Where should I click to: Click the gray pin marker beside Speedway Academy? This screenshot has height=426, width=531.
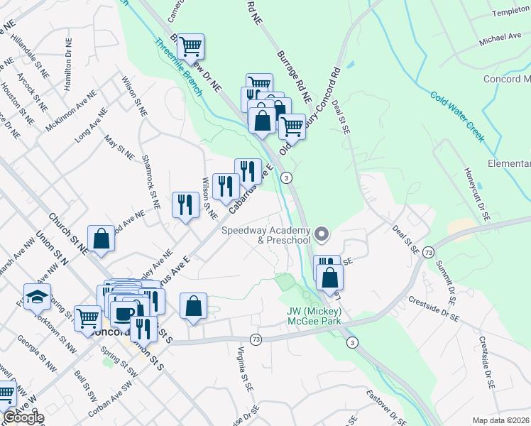322,233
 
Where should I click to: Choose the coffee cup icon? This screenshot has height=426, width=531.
124,313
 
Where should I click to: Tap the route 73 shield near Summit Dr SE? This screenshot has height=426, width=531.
428,252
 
